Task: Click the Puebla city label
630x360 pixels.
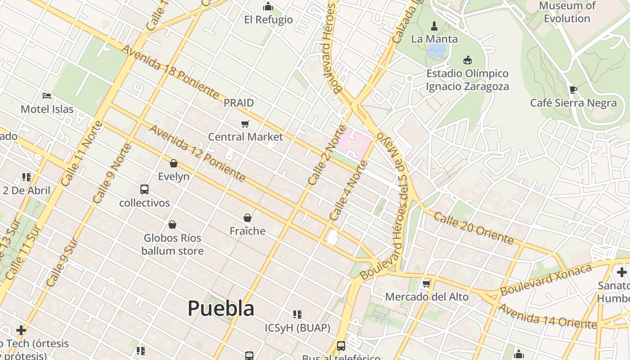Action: click(x=220, y=309)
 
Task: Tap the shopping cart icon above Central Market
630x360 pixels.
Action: click(x=245, y=124)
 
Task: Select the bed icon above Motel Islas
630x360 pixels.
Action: click(x=47, y=96)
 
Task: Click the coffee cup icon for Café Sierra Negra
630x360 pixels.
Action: click(x=573, y=90)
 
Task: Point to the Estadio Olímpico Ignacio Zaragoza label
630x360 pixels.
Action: click(x=467, y=80)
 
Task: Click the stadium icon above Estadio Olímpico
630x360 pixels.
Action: click(x=468, y=60)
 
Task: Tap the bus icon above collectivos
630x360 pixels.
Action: click(x=144, y=189)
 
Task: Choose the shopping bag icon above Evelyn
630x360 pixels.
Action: click(x=174, y=163)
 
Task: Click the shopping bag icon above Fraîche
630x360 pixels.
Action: click(x=247, y=218)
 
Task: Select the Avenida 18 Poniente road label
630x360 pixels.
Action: click(x=170, y=72)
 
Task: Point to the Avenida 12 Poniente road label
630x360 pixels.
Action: click(x=198, y=153)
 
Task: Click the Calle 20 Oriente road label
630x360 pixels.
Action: click(x=473, y=228)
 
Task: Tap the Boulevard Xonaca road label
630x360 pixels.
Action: click(x=545, y=279)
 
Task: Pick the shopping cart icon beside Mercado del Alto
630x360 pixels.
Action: click(x=426, y=284)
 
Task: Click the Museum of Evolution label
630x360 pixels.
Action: click(x=567, y=12)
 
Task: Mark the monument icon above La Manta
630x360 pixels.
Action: click(x=434, y=26)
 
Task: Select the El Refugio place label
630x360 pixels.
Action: click(x=268, y=20)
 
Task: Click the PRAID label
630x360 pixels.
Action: click(x=239, y=103)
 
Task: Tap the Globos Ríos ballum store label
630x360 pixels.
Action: click(x=172, y=244)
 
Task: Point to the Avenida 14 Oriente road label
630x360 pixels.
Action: click(x=547, y=317)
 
